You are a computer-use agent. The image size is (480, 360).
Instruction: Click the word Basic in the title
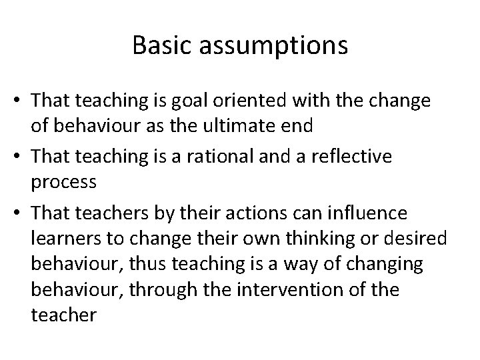coord(161,45)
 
